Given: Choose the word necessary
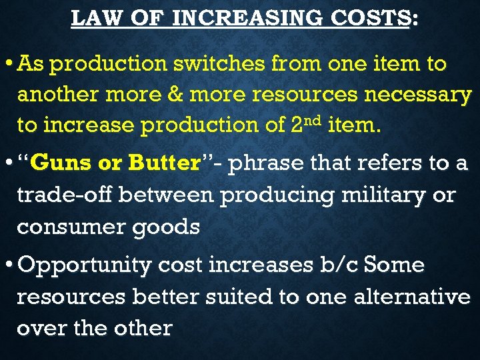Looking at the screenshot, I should coord(417,95).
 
